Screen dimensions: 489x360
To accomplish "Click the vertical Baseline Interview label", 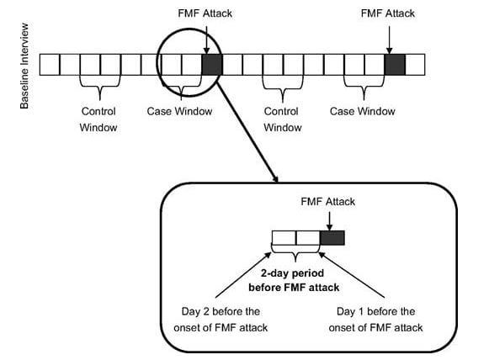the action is (24, 66).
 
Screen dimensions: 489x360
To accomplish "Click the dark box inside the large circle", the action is (212, 65).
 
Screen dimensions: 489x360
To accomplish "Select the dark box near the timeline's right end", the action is (395, 65).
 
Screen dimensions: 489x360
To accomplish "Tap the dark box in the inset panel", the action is (332, 238).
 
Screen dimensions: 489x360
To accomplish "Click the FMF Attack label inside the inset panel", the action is (327, 202).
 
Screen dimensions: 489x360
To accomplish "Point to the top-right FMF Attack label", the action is (388, 13).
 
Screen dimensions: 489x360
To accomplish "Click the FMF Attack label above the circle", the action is (205, 13).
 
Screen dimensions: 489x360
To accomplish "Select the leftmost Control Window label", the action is (98, 119).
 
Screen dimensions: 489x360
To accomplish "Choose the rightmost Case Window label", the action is (363, 111).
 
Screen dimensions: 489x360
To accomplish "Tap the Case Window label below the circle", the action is (179, 111).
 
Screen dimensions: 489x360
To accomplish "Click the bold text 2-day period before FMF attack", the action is (294, 280).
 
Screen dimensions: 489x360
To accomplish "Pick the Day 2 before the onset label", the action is (221, 320).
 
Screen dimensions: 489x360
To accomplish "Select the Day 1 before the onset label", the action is (375, 320).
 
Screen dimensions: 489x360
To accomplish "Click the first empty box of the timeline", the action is (50, 65).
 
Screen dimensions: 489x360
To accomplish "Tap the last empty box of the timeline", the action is (415, 65).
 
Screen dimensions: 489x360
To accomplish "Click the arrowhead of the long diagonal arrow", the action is (275, 179).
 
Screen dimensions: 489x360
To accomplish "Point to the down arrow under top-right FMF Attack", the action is (389, 40).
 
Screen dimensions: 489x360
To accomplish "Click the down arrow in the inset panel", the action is (329, 221).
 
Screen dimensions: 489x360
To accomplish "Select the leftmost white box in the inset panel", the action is (284, 238).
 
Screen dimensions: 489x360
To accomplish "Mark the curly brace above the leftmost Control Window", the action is (100, 87).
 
